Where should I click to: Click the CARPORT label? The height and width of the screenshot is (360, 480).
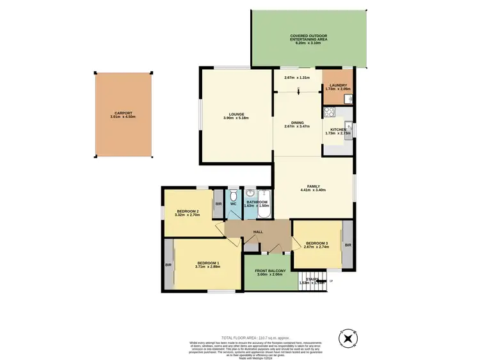pyautogui.click(x=124, y=113)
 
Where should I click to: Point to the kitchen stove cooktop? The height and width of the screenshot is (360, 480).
pyautogui.click(x=330, y=112)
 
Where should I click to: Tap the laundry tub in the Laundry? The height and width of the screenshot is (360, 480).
pyautogui.click(x=348, y=99)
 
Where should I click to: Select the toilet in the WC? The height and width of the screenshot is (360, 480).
pyautogui.click(x=234, y=194)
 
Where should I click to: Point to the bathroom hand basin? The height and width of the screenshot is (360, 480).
pyautogui.click(x=250, y=193)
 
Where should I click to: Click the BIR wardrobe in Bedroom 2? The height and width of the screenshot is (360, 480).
pyautogui.click(x=218, y=204)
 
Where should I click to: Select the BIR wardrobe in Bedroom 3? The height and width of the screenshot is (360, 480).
pyautogui.click(x=348, y=245)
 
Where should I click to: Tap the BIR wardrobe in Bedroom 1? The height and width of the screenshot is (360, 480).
pyautogui.click(x=168, y=265)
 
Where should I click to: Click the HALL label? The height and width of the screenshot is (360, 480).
pyautogui.click(x=258, y=232)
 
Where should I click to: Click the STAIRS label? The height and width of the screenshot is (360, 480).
pyautogui.click(x=312, y=279)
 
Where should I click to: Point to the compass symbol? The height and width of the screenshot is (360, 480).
pyautogui.click(x=348, y=338)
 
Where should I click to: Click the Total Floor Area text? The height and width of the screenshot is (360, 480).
pyautogui.click(x=256, y=338)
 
